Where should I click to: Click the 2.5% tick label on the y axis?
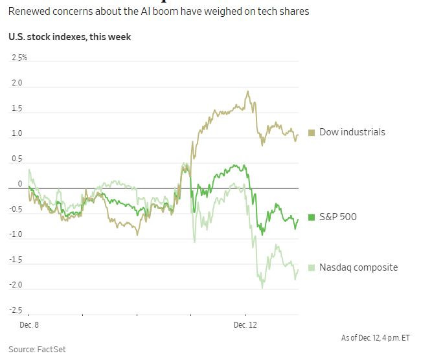pyautogui.click(x=19, y=58)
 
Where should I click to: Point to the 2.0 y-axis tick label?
pyautogui.click(x=17, y=84)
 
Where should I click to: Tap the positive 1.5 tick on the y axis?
pyautogui.click(x=17, y=109)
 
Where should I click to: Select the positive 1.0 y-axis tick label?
pyautogui.click(x=17, y=134)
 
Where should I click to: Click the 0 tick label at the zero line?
pyautogui.click(x=20, y=184)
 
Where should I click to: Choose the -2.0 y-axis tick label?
pyautogui.click(x=16, y=286)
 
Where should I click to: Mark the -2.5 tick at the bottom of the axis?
pyautogui.click(x=16, y=311)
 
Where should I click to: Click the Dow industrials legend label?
pyautogui.click(x=352, y=132)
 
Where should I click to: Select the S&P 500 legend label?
pyautogui.click(x=337, y=217)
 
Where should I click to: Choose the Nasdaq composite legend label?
pyautogui.click(x=358, y=267)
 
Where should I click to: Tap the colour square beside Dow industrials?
pyautogui.click(x=312, y=133)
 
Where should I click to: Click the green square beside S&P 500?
pyautogui.click(x=312, y=217)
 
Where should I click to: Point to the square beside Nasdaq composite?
pyautogui.click(x=312, y=267)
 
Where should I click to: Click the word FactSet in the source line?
pyautogui.click(x=52, y=350)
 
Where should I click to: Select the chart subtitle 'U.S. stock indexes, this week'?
pyautogui.click(x=70, y=38)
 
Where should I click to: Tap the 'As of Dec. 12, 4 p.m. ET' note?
pyautogui.click(x=375, y=338)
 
